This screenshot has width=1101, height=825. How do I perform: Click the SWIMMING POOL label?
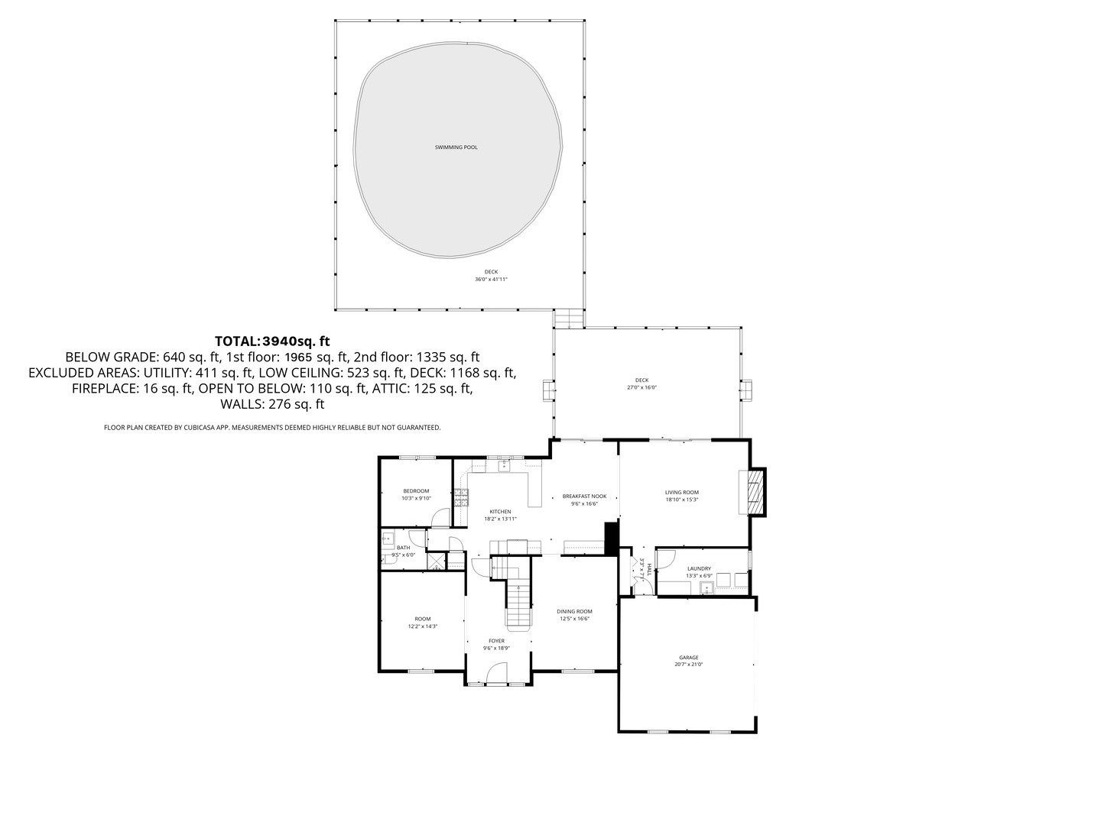point(456,147)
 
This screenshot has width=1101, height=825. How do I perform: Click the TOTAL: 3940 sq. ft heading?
point(272,341)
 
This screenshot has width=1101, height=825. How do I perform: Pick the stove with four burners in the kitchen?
point(461,498)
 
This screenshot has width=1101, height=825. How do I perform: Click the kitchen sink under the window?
point(504,465)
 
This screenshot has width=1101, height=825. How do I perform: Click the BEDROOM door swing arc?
point(440,518)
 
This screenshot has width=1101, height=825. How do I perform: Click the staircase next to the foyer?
point(518,596)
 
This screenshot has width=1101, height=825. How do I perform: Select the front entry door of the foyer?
point(497,672)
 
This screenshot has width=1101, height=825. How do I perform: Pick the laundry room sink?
point(707,587)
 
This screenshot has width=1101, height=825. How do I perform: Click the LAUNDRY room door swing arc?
point(664,560)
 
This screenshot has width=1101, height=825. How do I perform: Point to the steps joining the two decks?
point(568,319)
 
